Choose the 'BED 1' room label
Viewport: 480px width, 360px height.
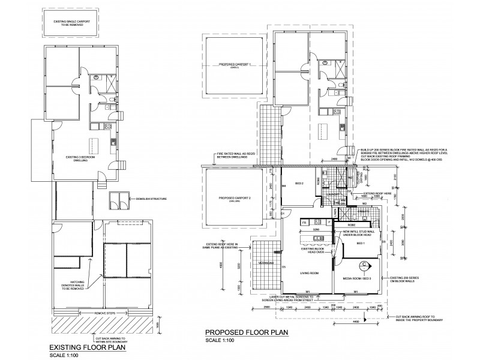click(x=360, y=244)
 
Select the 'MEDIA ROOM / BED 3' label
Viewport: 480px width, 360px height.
click(x=358, y=278)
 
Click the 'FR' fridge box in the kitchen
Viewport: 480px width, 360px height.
click(x=305, y=223)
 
